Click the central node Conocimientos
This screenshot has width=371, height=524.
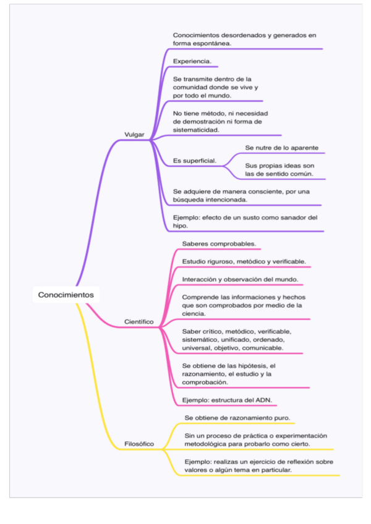[66, 295]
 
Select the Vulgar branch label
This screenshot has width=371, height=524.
[134, 134]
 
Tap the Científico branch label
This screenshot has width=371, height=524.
[139, 322]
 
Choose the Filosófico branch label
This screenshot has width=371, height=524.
[139, 444]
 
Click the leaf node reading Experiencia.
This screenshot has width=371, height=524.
[192, 62]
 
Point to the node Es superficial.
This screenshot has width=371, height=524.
[195, 161]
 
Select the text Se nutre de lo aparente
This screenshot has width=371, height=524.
[282, 148]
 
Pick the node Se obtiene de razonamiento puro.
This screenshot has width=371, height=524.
[237, 418]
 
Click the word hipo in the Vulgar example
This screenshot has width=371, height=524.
[180, 226]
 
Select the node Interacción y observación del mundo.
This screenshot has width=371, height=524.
[241, 279]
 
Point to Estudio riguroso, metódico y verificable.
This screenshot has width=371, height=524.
[244, 261]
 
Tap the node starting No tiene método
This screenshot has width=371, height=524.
[220, 122]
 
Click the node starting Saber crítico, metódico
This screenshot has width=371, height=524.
[236, 339]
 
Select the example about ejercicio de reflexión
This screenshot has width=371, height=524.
[258, 466]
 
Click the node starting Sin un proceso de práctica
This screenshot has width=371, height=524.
[256, 440]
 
